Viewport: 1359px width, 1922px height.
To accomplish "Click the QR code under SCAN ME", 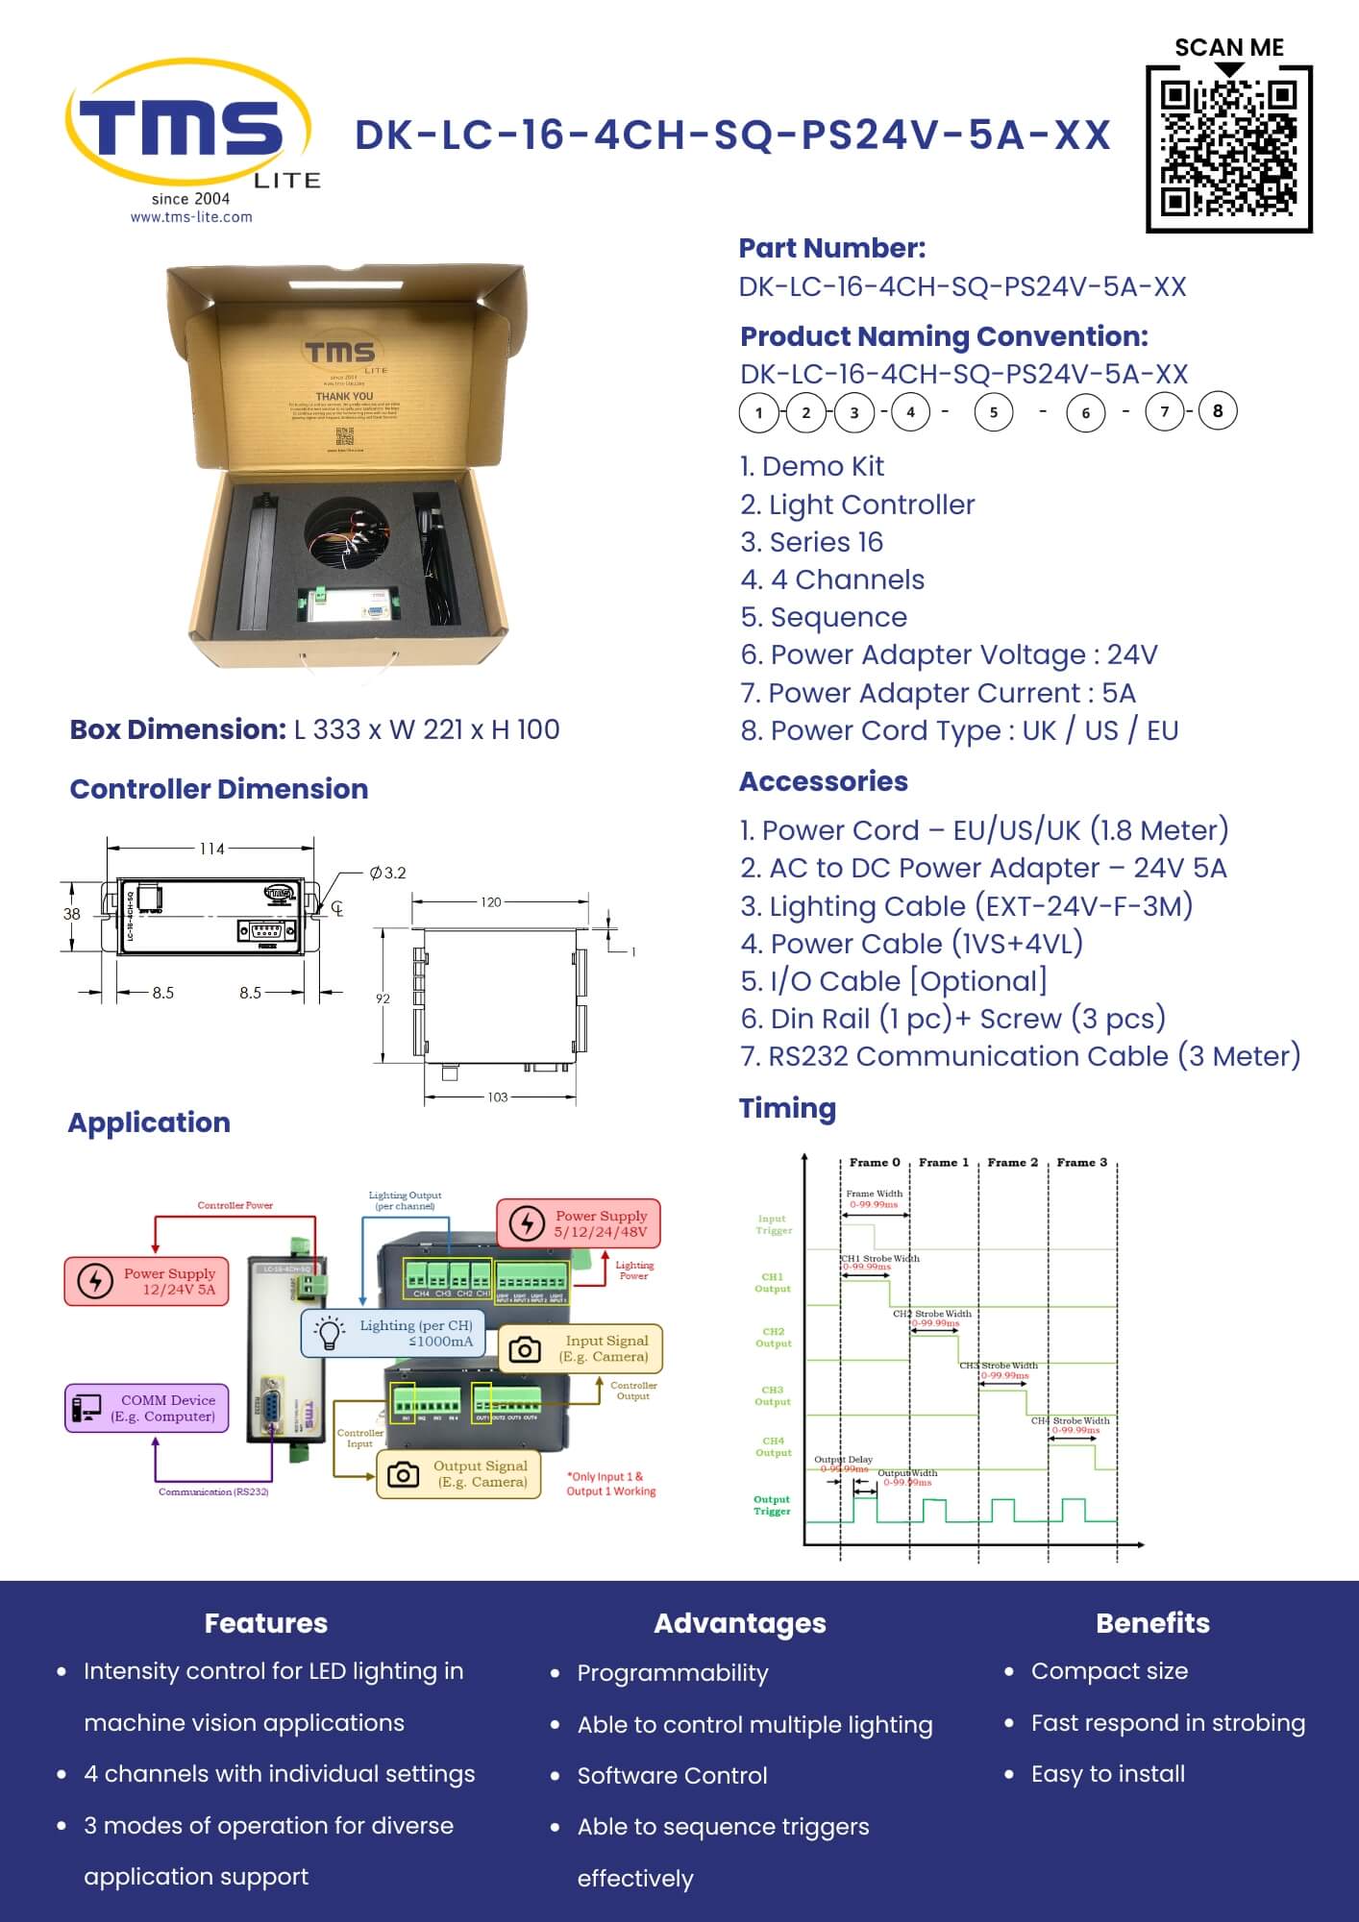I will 1228,149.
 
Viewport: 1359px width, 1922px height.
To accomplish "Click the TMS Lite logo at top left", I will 188,130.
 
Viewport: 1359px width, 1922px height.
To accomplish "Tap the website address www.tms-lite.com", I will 191,217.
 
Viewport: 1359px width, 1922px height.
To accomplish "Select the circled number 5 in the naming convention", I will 993,412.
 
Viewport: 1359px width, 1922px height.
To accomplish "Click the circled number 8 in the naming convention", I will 1217,411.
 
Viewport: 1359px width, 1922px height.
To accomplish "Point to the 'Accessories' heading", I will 823,781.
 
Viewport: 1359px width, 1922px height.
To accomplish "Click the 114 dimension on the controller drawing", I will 211,849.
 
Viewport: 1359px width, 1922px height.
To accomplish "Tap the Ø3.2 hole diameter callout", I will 387,873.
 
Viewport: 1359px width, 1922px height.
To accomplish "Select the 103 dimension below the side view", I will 497,1097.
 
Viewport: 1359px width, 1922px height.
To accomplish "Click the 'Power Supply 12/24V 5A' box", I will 147,1281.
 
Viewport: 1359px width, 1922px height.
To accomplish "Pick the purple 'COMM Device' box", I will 147,1408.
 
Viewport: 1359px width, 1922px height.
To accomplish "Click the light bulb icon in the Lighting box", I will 330,1332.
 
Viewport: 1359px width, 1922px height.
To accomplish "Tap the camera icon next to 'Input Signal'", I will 524,1348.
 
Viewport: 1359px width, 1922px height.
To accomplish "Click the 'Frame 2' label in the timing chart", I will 1012,1162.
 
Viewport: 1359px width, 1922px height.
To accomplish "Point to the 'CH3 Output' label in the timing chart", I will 773,1395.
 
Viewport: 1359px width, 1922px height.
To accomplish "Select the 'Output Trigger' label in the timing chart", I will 772,1505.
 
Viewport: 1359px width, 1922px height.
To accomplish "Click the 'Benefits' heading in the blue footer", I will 1152,1623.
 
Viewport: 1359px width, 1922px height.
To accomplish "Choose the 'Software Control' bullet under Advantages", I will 672,1775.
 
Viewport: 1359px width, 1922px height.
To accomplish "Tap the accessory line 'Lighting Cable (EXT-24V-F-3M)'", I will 966,905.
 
